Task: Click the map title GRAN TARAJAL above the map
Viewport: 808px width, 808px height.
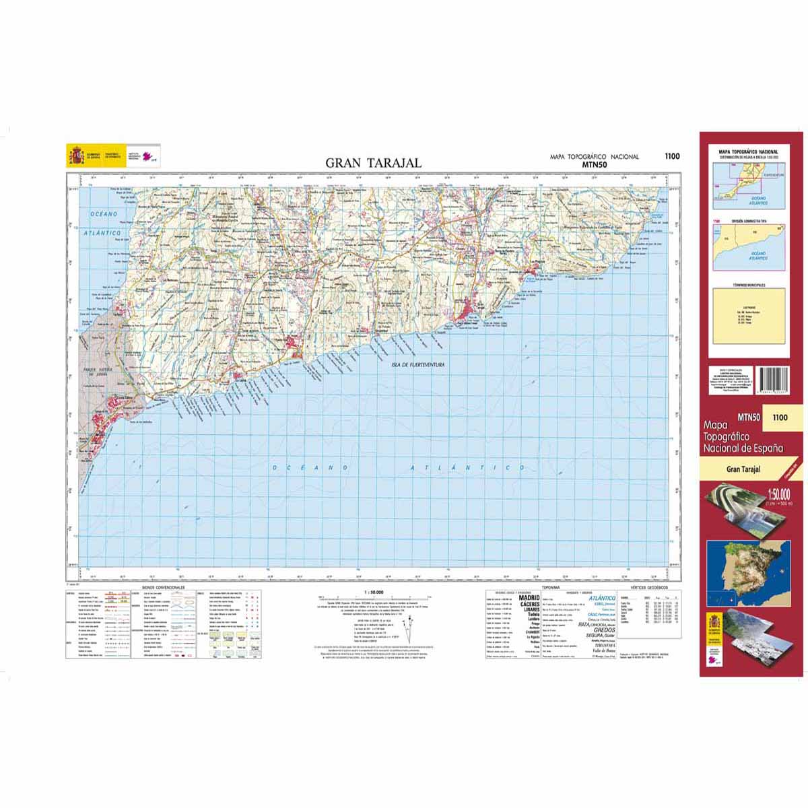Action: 374,163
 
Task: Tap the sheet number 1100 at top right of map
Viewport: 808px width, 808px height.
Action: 671,156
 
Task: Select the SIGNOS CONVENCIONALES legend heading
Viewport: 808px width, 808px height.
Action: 164,587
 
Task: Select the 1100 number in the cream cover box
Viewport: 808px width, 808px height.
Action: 780,417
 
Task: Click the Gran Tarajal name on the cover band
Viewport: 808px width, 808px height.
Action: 743,470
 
